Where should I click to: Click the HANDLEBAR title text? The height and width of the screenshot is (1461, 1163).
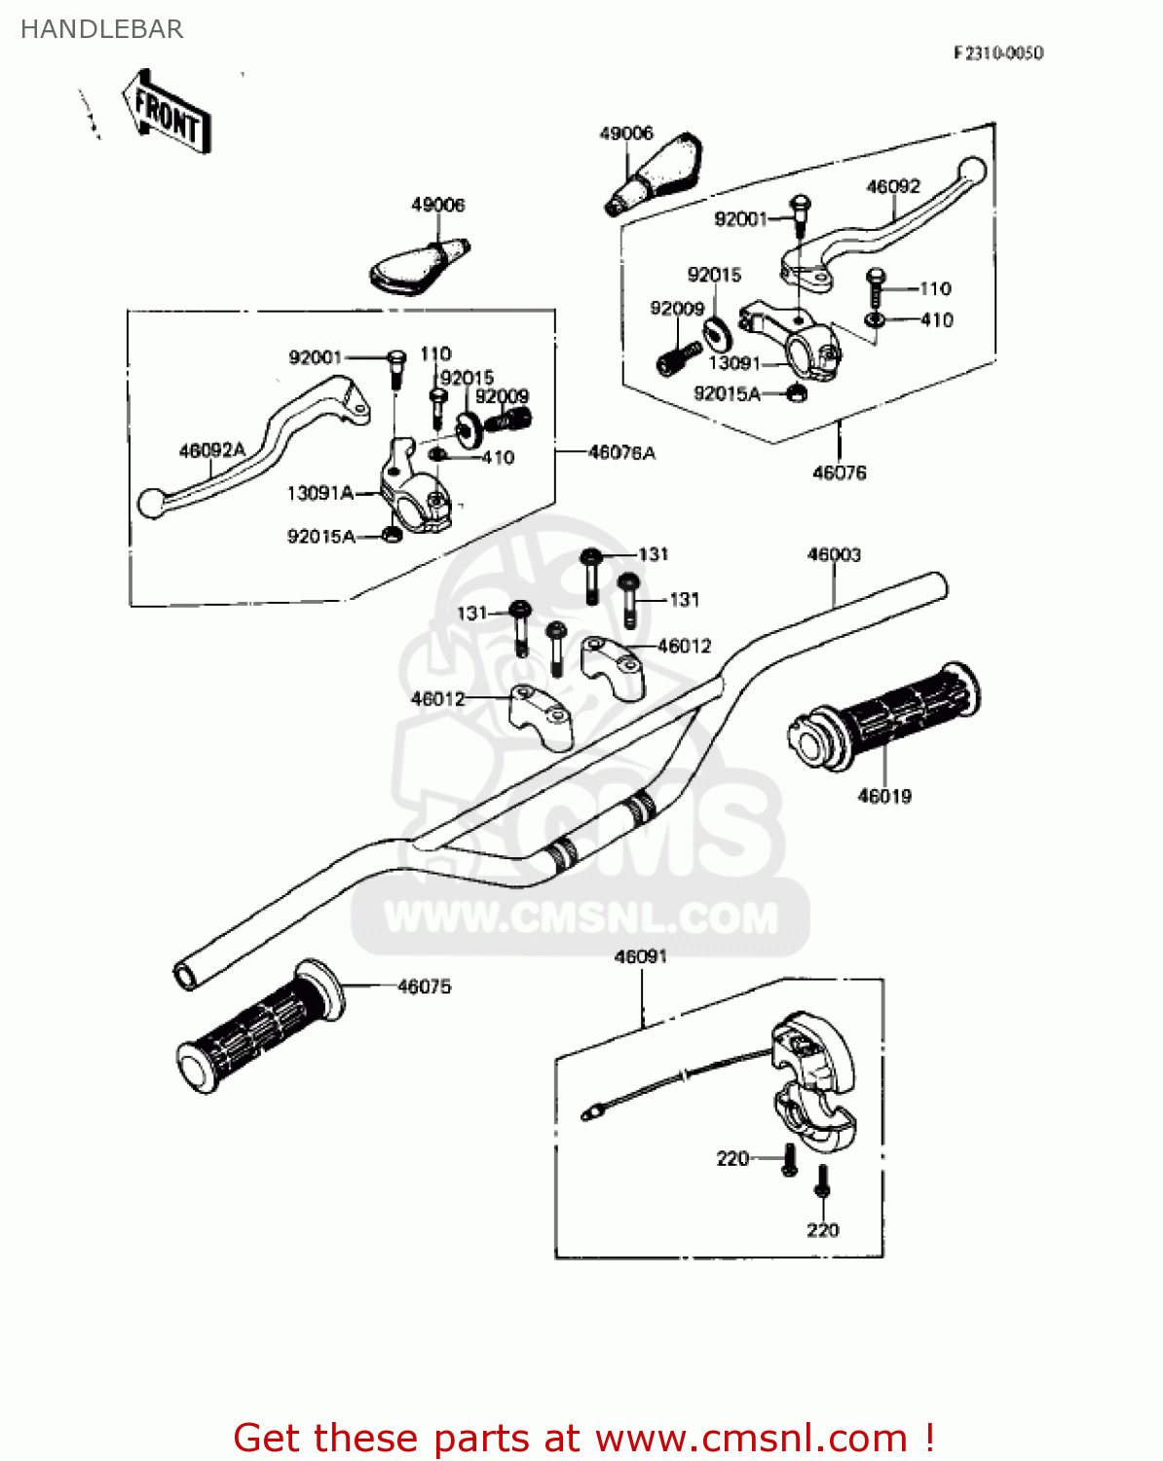click(101, 29)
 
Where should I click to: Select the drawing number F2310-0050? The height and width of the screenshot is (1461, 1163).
click(997, 53)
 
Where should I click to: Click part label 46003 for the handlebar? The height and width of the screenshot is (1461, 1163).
click(834, 554)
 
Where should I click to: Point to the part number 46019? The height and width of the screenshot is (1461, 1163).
click(883, 796)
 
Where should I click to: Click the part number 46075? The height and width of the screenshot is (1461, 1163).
click(424, 987)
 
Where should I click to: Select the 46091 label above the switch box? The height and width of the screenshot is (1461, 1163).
click(640, 956)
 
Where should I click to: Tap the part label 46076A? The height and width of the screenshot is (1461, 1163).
click(621, 453)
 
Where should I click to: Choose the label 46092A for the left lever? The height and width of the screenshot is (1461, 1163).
click(212, 450)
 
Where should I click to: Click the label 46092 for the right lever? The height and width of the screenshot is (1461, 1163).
click(892, 186)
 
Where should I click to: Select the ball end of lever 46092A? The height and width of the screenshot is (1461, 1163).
click(150, 503)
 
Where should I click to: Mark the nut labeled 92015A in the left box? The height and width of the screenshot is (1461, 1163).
click(392, 535)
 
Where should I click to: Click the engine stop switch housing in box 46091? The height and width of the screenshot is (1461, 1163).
click(813, 1081)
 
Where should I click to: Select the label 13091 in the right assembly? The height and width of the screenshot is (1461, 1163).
click(733, 363)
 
